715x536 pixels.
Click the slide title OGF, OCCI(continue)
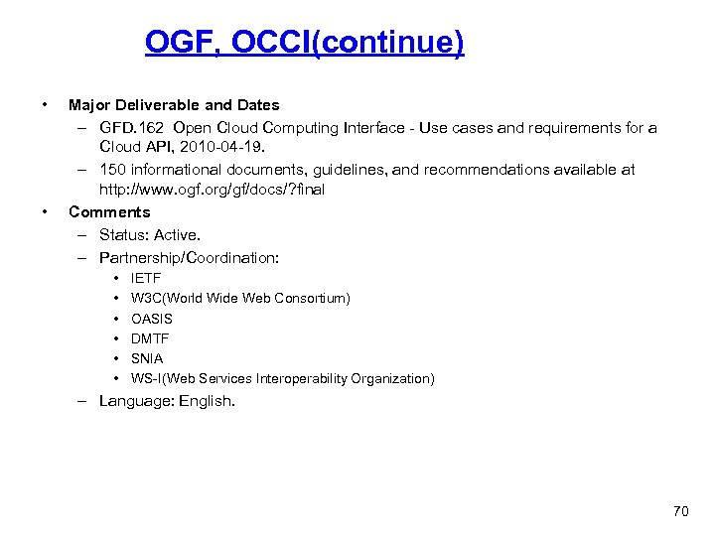[x=304, y=43]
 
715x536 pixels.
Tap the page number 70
[x=680, y=511]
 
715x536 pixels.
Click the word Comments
[x=109, y=211]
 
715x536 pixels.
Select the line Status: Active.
[x=150, y=234]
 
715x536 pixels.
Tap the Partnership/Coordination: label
[x=189, y=257]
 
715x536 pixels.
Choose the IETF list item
[x=146, y=279]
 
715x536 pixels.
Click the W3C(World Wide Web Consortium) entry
[x=240, y=299]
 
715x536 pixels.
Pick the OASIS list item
[x=152, y=319]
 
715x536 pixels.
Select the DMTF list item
[x=150, y=338]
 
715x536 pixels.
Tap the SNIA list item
[x=147, y=358]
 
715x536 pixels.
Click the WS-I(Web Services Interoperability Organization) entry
[x=282, y=378]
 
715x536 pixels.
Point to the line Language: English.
[x=167, y=401]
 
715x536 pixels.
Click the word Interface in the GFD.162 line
[x=382, y=128]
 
